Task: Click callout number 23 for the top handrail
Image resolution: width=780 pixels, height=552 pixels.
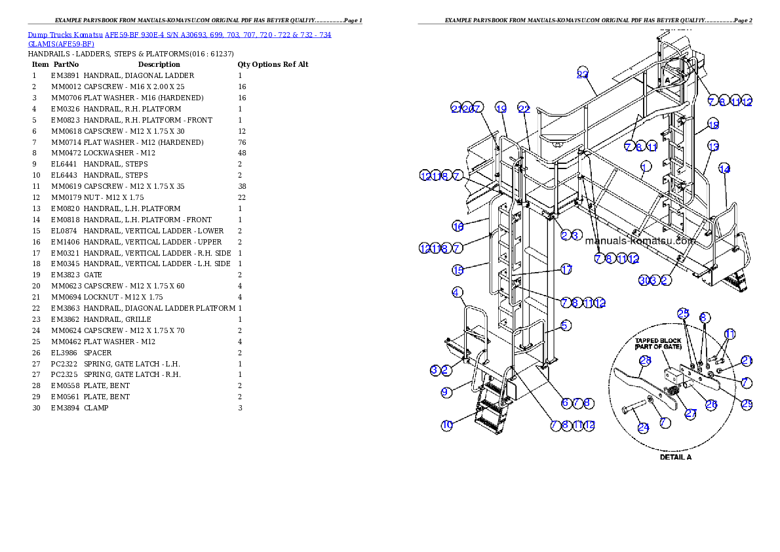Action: point(583,73)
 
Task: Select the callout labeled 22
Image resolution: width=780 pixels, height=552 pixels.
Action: point(523,108)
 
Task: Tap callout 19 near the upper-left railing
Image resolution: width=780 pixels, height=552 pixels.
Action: point(501,108)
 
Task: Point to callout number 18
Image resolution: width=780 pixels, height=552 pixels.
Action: point(713,125)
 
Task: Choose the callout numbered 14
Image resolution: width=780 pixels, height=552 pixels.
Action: point(724,168)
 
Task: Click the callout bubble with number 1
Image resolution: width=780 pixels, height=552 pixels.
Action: point(646,166)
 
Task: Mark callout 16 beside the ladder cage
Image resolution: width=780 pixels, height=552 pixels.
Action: point(458,226)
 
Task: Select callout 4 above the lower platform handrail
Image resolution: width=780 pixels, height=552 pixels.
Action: point(457,292)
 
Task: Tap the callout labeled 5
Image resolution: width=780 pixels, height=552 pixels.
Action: point(565,325)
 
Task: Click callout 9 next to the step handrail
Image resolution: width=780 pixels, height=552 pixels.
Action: point(446,392)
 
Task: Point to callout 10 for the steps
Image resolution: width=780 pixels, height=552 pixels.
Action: point(446,425)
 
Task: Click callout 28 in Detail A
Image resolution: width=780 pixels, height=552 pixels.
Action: point(645,359)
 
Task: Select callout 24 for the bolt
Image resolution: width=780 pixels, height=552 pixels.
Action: point(644,427)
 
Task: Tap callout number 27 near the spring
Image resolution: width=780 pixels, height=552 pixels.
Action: point(691,413)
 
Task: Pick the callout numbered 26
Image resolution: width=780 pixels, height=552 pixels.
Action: point(711,404)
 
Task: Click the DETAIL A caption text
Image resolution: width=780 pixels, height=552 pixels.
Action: point(675,457)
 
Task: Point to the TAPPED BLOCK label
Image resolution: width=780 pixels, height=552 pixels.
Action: point(658,341)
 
